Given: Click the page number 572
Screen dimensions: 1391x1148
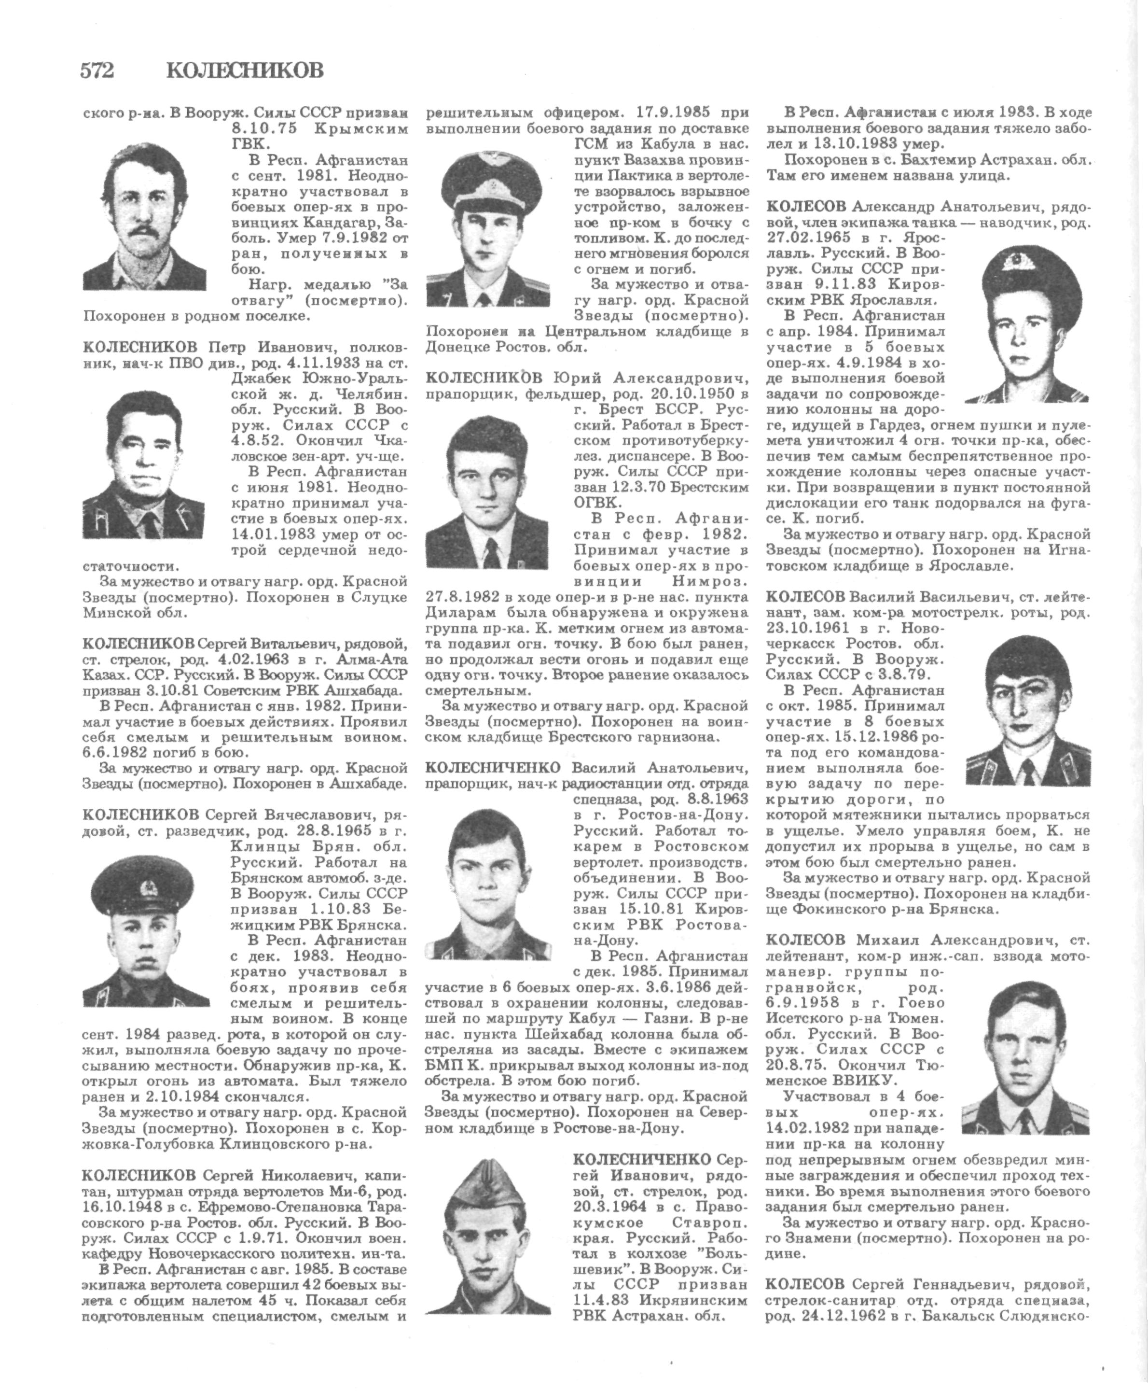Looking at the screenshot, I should [97, 70].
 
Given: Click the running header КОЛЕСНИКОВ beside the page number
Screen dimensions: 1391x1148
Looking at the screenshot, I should [245, 70].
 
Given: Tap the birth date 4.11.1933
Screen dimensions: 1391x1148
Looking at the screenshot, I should [319, 363].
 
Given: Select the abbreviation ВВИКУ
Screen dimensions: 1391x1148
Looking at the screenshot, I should [863, 1081].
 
